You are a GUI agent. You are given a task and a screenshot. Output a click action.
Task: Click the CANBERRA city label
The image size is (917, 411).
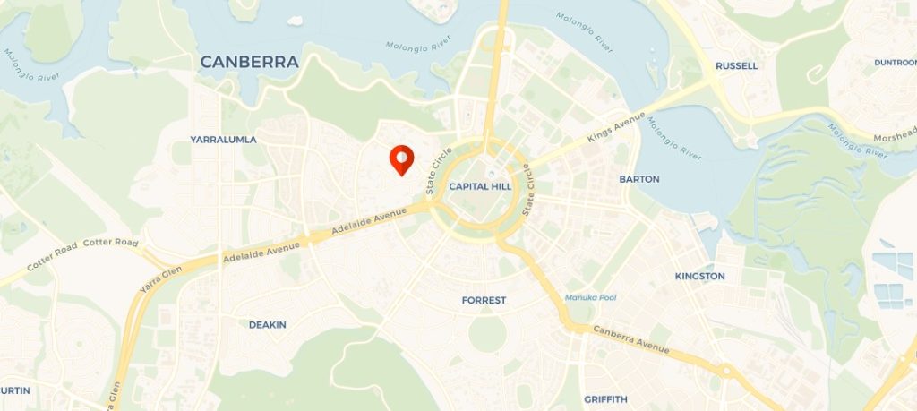pyautogui.click(x=248, y=63)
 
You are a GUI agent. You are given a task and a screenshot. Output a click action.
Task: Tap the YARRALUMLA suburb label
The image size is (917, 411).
pyautogui.click(x=223, y=140)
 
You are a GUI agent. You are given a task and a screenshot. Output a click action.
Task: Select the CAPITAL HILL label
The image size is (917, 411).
pyautogui.click(x=480, y=186)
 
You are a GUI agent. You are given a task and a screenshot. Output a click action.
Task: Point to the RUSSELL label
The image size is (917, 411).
pyautogui.click(x=736, y=66)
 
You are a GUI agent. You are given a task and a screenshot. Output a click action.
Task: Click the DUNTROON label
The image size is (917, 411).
pyautogui.click(x=895, y=63)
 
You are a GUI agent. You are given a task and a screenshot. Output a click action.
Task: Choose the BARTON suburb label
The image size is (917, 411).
pyautogui.click(x=638, y=179)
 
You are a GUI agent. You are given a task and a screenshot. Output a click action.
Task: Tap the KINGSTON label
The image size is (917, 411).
pyautogui.click(x=699, y=276)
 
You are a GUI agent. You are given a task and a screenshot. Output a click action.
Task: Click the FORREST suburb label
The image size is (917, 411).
pyautogui.click(x=484, y=300)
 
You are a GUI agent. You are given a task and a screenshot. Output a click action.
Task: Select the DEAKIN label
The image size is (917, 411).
pyautogui.click(x=267, y=325)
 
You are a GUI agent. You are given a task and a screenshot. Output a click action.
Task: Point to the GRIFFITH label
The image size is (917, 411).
pyautogui.click(x=605, y=398)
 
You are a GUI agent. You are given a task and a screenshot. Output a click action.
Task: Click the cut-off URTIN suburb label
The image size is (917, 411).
pyautogui.click(x=14, y=390)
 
